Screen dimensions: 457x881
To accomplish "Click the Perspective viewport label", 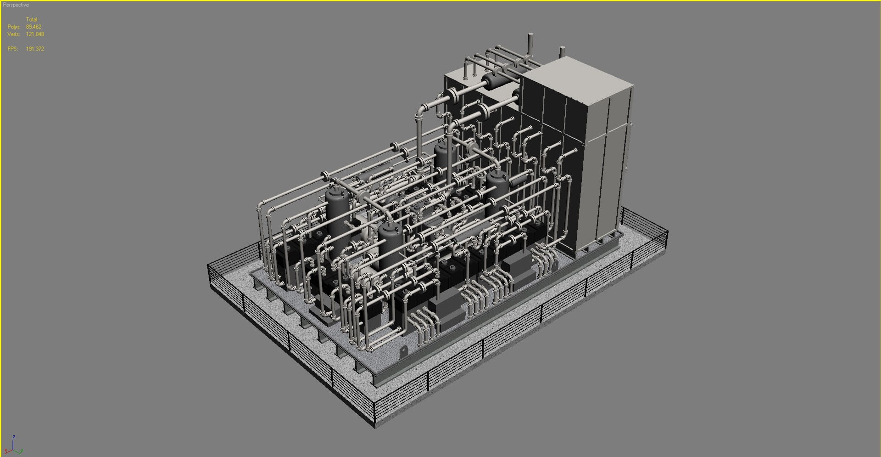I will [16, 5].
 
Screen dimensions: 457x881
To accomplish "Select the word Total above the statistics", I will [32, 19].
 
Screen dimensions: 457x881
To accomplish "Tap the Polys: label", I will [14, 27].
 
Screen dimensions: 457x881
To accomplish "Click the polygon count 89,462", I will [33, 27].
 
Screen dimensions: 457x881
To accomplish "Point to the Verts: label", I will [14, 34].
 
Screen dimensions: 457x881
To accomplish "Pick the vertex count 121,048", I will [35, 34].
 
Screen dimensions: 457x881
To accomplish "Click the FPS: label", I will [13, 49].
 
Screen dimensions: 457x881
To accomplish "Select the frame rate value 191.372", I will [35, 49].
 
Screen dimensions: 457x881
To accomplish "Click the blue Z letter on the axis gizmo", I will [14, 437].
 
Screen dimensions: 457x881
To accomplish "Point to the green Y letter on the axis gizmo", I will [21, 451].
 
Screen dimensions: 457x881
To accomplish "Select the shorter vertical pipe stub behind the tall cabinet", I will [562, 52].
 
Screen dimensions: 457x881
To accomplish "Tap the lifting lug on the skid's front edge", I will [403, 352].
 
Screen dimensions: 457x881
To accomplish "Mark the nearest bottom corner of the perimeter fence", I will [375, 425].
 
